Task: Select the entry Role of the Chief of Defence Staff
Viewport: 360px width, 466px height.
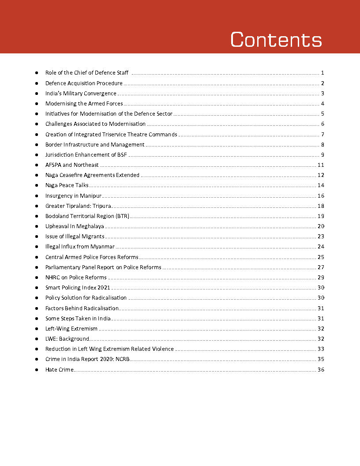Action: tap(86, 73)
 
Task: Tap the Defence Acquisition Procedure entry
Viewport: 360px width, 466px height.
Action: tap(84, 83)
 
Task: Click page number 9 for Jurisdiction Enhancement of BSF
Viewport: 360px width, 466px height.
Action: tap(322, 155)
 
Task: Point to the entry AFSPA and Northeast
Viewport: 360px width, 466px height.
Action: tap(72, 165)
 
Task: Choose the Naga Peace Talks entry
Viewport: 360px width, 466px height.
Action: tap(67, 185)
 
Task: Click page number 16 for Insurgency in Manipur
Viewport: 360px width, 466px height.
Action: tap(321, 196)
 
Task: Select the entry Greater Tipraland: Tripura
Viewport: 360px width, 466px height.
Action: tap(78, 206)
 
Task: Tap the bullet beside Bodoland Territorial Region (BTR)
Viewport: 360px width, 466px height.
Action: tap(37, 216)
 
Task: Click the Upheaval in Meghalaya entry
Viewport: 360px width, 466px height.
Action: tap(75, 226)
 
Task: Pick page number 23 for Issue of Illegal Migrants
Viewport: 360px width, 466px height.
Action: tap(321, 237)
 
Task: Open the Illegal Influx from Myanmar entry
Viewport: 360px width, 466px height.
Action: tap(80, 247)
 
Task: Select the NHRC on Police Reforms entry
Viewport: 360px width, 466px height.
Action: tap(76, 278)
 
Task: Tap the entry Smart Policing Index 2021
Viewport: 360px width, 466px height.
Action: tap(78, 288)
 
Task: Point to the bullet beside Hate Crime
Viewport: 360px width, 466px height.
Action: tap(37, 370)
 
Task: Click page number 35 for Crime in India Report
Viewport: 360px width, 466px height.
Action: tap(321, 359)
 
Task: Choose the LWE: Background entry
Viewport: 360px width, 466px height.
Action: tap(67, 339)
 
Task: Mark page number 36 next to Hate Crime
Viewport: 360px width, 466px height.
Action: tap(321, 370)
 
